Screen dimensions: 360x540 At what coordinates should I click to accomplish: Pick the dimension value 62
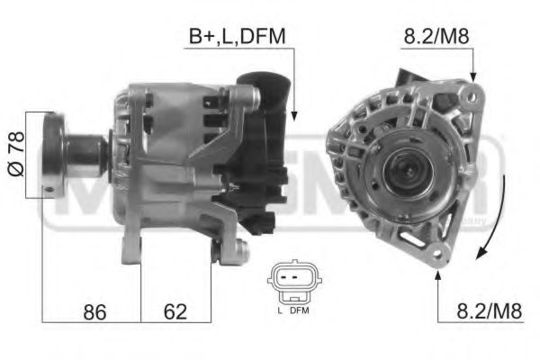(175, 311)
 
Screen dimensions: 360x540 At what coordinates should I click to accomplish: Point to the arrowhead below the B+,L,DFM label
(293, 113)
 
